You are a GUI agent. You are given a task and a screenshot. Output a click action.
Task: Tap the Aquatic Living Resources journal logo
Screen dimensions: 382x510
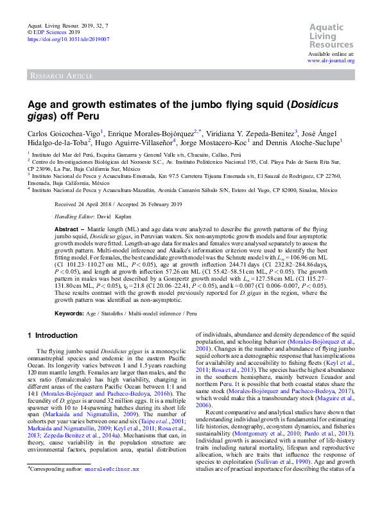click(332, 36)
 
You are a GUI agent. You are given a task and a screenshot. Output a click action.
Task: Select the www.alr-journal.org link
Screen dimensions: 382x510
click(331, 60)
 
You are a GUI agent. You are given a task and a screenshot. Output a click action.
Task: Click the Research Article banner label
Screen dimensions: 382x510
click(60, 76)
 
